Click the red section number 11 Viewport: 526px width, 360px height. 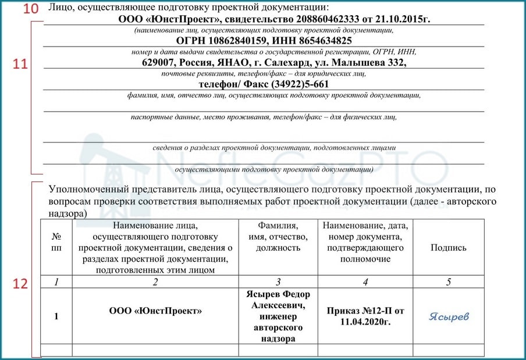pos(20,65)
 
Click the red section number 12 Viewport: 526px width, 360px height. pos(20,284)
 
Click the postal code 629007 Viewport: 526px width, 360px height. pos(158,62)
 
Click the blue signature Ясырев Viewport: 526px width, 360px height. pos(449,316)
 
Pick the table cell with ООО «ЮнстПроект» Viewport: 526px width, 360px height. pos(155,311)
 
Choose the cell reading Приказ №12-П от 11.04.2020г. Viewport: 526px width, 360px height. pos(365,316)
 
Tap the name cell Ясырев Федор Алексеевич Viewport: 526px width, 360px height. pos(278,300)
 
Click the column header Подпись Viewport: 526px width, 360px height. pos(448,247)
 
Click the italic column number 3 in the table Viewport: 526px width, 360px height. pos(278,282)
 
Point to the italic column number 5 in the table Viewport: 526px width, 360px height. pos(449,282)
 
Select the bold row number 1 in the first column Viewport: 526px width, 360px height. pos(56,316)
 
